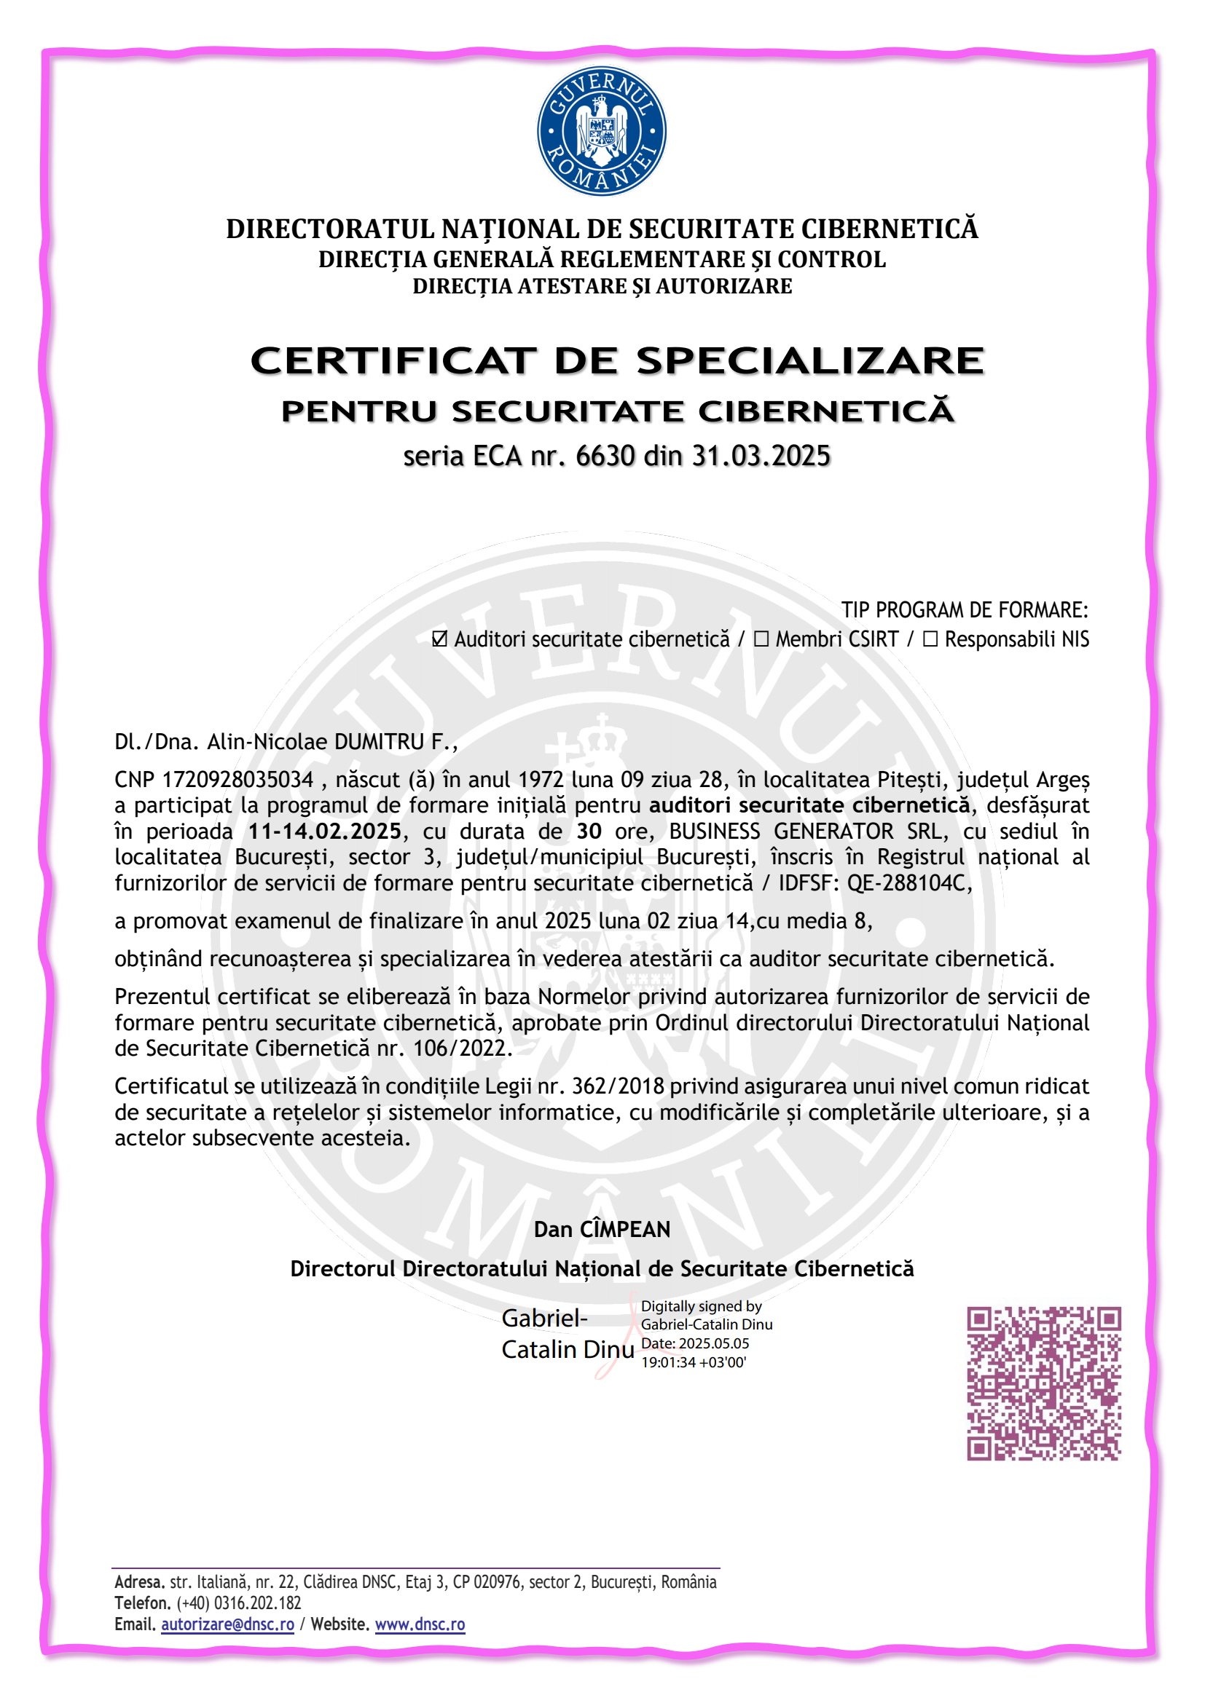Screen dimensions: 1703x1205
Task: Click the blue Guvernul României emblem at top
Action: (x=601, y=131)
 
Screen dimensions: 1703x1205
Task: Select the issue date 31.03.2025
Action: (x=761, y=455)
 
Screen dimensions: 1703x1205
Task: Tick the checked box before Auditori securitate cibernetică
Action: (x=440, y=639)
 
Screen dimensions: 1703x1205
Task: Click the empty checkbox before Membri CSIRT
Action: (x=761, y=639)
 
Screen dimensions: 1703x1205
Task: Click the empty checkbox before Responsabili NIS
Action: (x=930, y=639)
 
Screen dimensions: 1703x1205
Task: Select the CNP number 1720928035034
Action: (x=238, y=780)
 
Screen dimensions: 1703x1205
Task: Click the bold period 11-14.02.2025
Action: (x=325, y=831)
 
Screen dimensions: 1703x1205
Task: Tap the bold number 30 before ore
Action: (x=589, y=831)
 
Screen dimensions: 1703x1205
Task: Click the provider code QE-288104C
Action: (x=906, y=882)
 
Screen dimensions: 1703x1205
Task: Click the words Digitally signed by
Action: (x=701, y=1306)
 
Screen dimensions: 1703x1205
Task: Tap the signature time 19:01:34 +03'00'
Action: (x=693, y=1362)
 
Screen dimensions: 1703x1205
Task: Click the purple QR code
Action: (x=1043, y=1383)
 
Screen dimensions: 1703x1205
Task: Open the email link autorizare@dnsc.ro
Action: (x=228, y=1624)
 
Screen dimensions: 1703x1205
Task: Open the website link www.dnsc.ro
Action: (x=420, y=1624)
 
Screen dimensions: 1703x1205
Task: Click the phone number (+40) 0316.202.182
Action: (x=238, y=1602)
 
